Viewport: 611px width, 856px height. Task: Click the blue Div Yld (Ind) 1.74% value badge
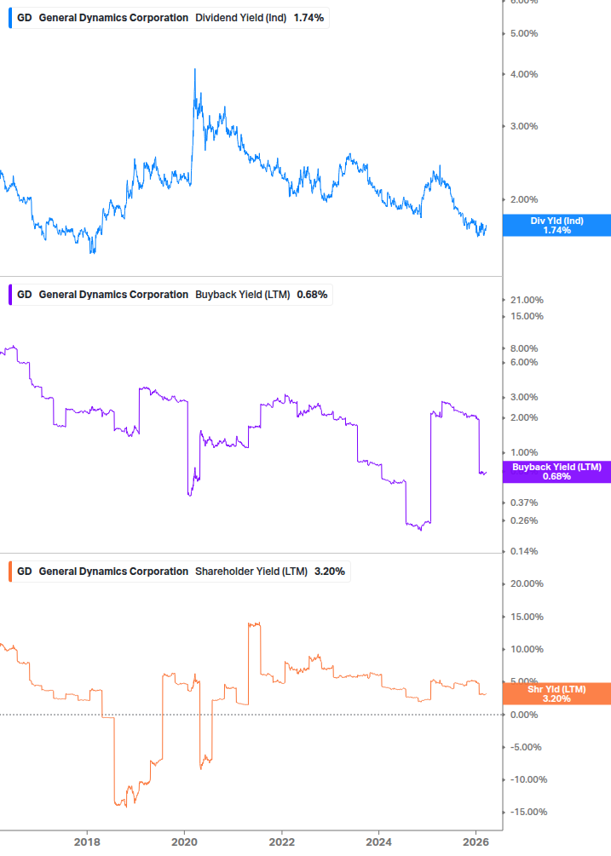556,225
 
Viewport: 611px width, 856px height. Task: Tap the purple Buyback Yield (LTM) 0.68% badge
556,471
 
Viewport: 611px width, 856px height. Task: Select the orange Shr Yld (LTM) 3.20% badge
556,693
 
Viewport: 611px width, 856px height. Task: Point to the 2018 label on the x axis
86,842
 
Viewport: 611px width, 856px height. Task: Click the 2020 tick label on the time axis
184,842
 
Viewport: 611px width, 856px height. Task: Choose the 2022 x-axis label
282,842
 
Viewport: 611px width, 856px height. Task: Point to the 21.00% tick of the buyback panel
527,300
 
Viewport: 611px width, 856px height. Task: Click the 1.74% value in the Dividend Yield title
308,18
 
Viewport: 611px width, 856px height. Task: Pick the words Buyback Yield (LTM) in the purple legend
243,295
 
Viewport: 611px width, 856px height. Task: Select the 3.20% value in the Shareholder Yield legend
330,572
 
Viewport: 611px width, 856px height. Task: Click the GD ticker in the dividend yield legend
25,18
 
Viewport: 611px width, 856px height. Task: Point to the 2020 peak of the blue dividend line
195,70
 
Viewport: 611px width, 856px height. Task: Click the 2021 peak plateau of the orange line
254,623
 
